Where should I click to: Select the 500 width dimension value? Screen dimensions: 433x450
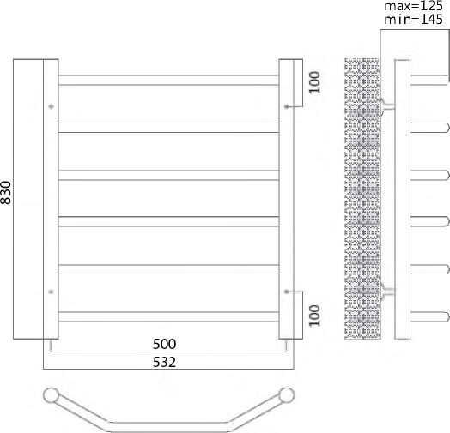(167, 344)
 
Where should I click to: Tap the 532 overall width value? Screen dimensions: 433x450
(167, 362)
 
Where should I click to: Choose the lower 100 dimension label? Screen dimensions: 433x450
(314, 316)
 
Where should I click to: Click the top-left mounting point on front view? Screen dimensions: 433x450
(52, 106)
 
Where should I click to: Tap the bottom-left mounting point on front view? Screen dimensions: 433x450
(52, 292)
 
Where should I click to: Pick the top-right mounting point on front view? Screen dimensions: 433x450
(286, 106)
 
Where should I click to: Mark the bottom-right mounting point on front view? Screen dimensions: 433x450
(286, 292)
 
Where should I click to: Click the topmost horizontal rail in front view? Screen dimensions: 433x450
(167, 80)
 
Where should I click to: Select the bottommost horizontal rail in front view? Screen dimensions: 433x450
(167, 316)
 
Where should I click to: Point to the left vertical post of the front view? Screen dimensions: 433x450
(51, 199)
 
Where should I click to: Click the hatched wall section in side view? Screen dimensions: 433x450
(362, 199)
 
